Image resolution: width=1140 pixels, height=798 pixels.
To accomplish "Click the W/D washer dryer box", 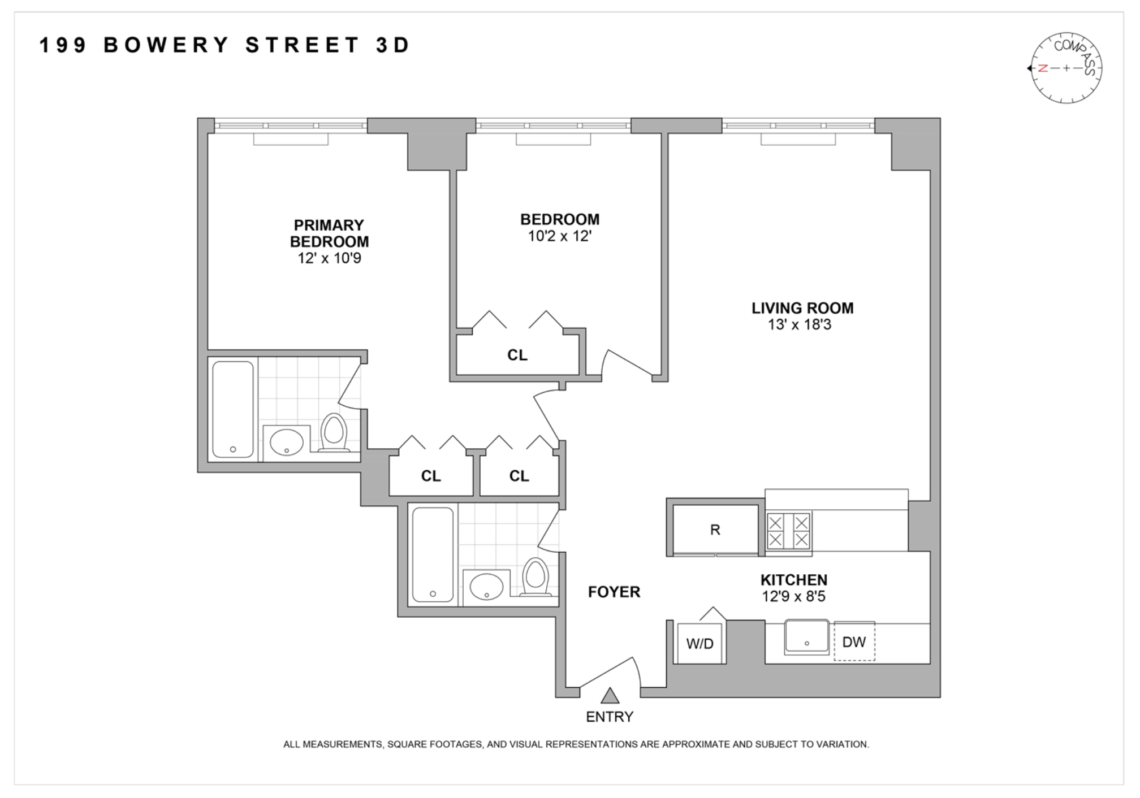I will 699,643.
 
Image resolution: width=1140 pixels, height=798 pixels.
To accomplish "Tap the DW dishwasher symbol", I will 854,642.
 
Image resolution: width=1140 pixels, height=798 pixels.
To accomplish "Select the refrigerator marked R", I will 715,530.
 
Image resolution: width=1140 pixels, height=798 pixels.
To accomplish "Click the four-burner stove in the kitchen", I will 788,531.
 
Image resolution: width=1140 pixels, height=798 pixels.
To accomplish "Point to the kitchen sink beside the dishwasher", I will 806,638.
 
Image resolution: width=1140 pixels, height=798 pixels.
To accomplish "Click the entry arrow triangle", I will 609,696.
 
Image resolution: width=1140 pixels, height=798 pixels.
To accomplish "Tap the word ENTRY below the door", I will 609,717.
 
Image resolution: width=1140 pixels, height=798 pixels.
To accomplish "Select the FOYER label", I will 614,592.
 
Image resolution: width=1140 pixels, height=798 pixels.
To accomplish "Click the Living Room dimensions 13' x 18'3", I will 799,325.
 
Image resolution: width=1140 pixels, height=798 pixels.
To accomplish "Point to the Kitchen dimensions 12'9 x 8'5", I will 793,596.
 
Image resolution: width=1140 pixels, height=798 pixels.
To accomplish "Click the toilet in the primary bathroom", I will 334,433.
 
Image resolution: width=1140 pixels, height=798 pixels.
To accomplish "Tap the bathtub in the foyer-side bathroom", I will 433,554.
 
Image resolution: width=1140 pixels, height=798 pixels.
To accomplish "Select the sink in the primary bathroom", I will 286,442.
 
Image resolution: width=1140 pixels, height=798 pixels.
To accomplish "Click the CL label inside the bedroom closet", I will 517,355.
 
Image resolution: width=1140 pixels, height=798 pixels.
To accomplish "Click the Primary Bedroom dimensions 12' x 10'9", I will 329,258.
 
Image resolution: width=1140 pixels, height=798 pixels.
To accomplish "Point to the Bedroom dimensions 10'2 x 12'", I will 559,236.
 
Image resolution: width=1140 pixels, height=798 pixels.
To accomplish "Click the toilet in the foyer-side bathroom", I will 535,576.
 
